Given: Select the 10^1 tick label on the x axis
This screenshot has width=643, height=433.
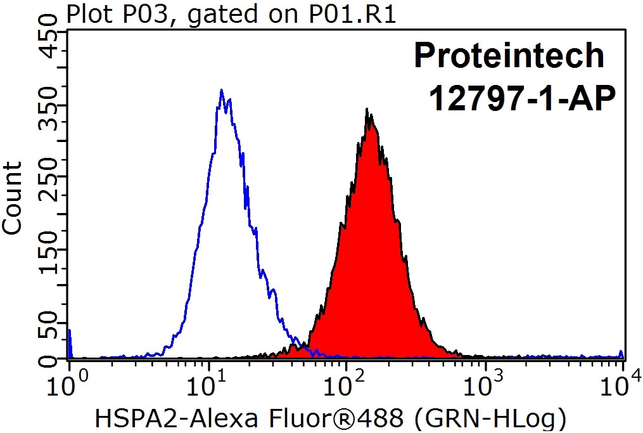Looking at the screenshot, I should click(207, 384).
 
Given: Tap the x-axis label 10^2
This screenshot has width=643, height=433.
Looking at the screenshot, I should click(346, 384).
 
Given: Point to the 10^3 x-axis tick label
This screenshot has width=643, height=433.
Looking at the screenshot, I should click(485, 384).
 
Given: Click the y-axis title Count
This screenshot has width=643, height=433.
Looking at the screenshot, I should click(13, 197).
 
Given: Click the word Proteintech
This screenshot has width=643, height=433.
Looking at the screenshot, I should click(509, 56).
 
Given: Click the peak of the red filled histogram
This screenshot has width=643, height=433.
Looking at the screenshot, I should click(367, 110).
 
